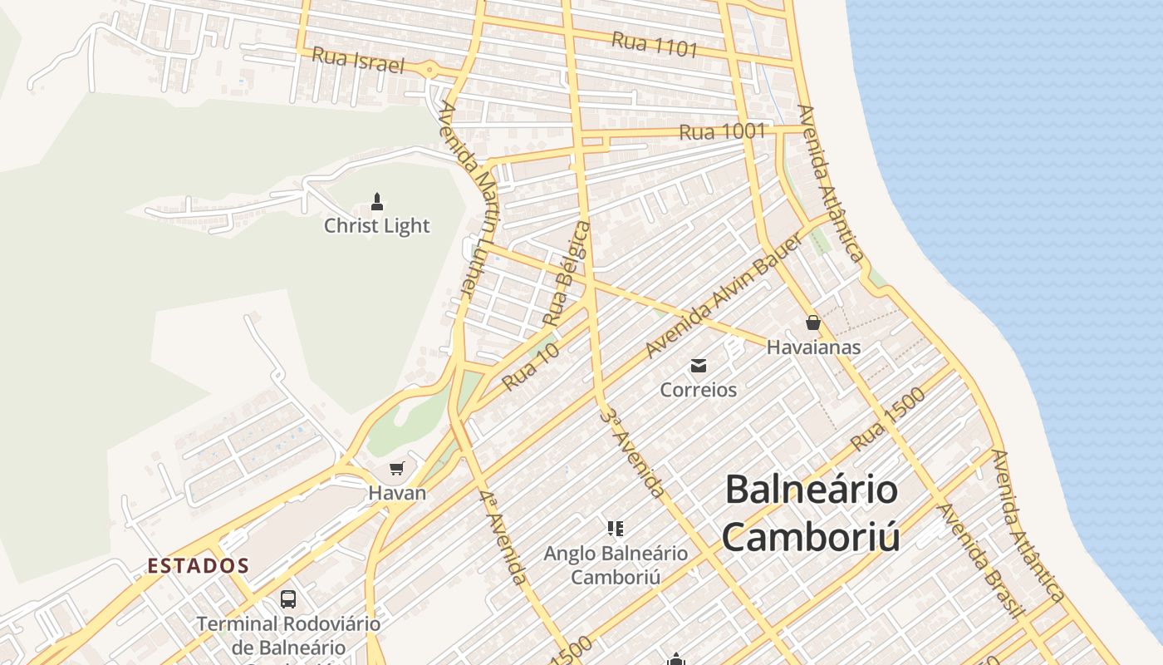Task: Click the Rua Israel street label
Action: pyautogui.click(x=358, y=61)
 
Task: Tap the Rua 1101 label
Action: pyautogui.click(x=655, y=44)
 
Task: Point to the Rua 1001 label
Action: pyautogui.click(x=722, y=131)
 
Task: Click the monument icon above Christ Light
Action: pyautogui.click(x=377, y=201)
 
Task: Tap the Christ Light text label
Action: pyautogui.click(x=377, y=225)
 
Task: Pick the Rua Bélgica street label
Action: pyautogui.click(x=567, y=272)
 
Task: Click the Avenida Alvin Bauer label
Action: pyautogui.click(x=724, y=295)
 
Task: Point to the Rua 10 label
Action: pyautogui.click(x=531, y=367)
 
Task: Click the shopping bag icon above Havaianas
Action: pyautogui.click(x=812, y=323)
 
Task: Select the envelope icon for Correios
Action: pyautogui.click(x=699, y=365)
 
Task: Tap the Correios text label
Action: pyautogui.click(x=699, y=389)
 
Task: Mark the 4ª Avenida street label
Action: pyautogui.click(x=503, y=536)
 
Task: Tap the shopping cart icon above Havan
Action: pyautogui.click(x=397, y=469)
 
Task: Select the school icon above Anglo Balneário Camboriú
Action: pyautogui.click(x=616, y=528)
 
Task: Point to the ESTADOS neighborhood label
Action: pyautogui.click(x=199, y=566)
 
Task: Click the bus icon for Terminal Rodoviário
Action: pyautogui.click(x=288, y=598)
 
